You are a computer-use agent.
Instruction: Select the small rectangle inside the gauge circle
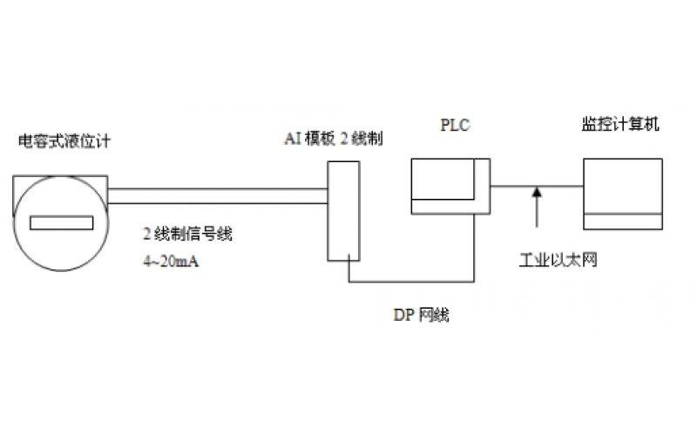(61, 222)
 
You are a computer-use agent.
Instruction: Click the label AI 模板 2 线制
(334, 140)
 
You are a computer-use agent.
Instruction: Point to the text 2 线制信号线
(188, 235)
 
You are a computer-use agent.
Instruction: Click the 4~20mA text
(171, 261)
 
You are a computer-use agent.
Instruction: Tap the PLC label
(455, 125)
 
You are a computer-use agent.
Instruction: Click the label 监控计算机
(620, 125)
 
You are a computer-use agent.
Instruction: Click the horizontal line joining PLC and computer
(558, 186)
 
